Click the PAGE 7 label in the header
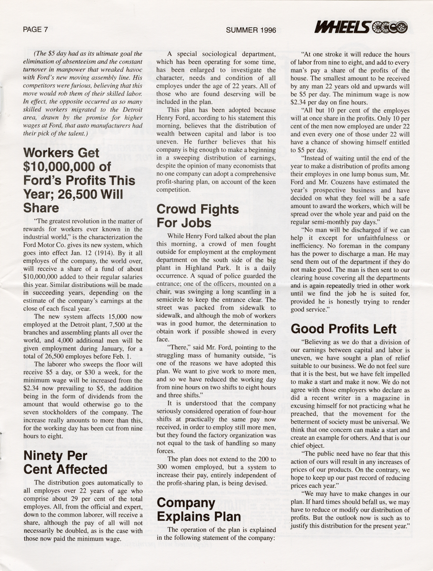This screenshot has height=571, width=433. pyautogui.click(x=35, y=30)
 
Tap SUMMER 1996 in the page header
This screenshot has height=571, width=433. pyautogui.click(x=251, y=30)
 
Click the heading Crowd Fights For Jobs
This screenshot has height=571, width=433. pyautogui.click(x=198, y=216)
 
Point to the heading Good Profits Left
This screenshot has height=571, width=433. pyautogui.click(x=343, y=329)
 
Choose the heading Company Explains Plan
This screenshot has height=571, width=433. pyautogui.click(x=199, y=509)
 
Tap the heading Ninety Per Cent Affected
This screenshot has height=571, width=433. pyautogui.click(x=65, y=462)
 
